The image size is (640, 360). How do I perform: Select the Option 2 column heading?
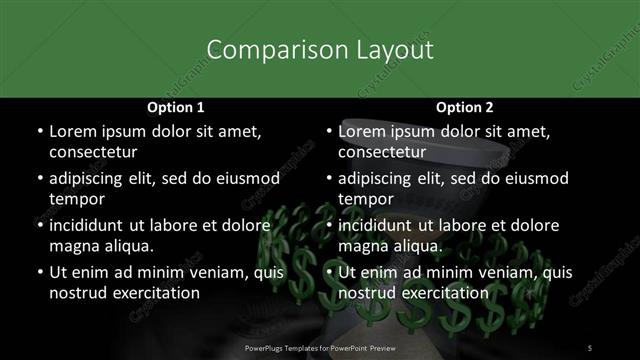pyautogui.click(x=464, y=107)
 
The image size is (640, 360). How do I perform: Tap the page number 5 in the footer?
pyautogui.click(x=590, y=348)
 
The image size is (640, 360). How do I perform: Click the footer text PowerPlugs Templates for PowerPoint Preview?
pyautogui.click(x=320, y=348)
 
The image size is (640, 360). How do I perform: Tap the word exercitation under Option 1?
pyautogui.click(x=155, y=293)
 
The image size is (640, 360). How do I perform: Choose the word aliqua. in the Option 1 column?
pyautogui.click(x=127, y=246)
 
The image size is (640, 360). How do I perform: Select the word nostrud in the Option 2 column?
pyautogui.click(x=367, y=293)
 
